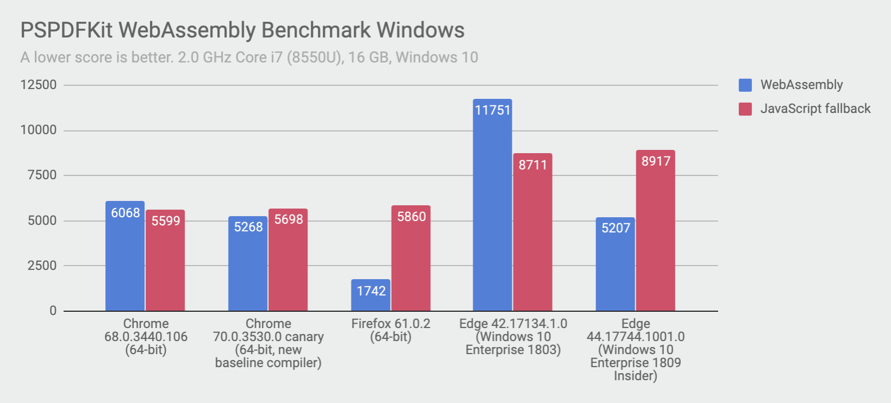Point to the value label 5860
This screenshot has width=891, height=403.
point(411,217)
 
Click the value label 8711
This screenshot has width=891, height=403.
point(532,165)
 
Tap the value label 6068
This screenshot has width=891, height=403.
point(126,213)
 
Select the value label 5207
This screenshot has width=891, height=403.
point(616,228)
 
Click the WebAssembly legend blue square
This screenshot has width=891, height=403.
point(745,85)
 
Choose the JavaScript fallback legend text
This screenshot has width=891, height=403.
point(815,109)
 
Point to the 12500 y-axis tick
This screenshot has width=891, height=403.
point(38,85)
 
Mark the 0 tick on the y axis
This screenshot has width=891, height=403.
point(53,311)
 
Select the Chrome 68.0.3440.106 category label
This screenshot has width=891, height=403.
point(146,337)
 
